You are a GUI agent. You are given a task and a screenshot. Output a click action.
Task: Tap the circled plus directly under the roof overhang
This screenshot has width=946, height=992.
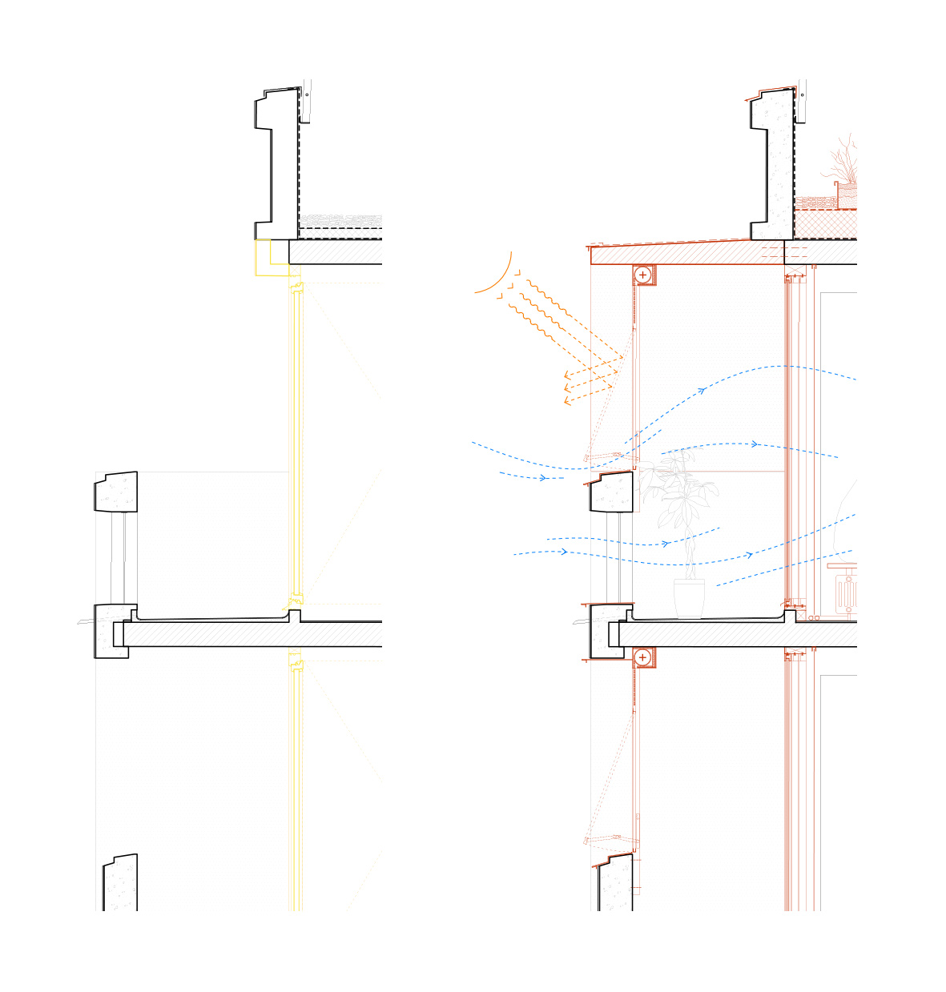tap(642, 275)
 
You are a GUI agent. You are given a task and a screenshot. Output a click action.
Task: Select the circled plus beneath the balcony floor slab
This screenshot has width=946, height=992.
tap(642, 657)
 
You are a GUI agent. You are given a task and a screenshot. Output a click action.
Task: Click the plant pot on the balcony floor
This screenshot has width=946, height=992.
tap(689, 597)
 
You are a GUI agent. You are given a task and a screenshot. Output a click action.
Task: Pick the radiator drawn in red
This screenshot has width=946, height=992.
tap(846, 593)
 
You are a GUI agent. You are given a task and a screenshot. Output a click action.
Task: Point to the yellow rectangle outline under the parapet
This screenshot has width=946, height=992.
tap(272, 258)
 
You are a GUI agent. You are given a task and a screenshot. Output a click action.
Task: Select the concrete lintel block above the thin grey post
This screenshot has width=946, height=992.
tap(116, 492)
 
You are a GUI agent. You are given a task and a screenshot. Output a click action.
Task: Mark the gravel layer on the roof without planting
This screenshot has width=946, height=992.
tap(340, 220)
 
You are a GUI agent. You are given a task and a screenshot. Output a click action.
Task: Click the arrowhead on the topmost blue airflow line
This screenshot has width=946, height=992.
tap(702, 391)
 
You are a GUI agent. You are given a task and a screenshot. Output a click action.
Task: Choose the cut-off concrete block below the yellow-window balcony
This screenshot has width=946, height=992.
tap(120, 885)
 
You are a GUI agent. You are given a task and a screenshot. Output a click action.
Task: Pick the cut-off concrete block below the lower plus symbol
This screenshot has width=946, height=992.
tap(616, 885)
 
